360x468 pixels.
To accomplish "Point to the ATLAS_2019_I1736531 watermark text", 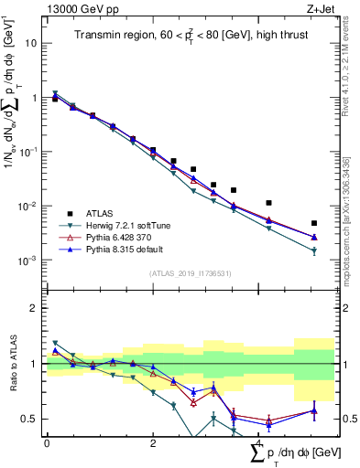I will pyautogui.click(x=189, y=272).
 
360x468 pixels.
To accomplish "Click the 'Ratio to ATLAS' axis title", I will pyautogui.click(x=12, y=363).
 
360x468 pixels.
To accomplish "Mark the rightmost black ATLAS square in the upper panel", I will pyautogui.click(x=314, y=223).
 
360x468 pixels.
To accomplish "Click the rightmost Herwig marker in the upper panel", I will pyautogui.click(x=314, y=251).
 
